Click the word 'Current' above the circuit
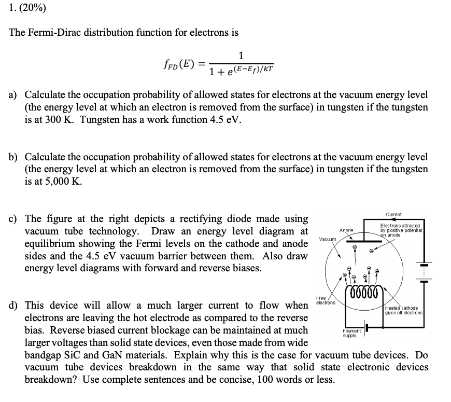click(x=394, y=214)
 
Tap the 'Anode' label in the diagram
click(x=346, y=230)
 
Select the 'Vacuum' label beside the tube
click(x=328, y=239)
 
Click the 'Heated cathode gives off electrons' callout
click(x=404, y=310)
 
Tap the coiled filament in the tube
click(x=366, y=292)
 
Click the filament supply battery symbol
click(x=368, y=329)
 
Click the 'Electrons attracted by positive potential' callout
click(x=402, y=230)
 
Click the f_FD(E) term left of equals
click(x=178, y=64)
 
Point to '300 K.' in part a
click(x=56, y=120)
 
